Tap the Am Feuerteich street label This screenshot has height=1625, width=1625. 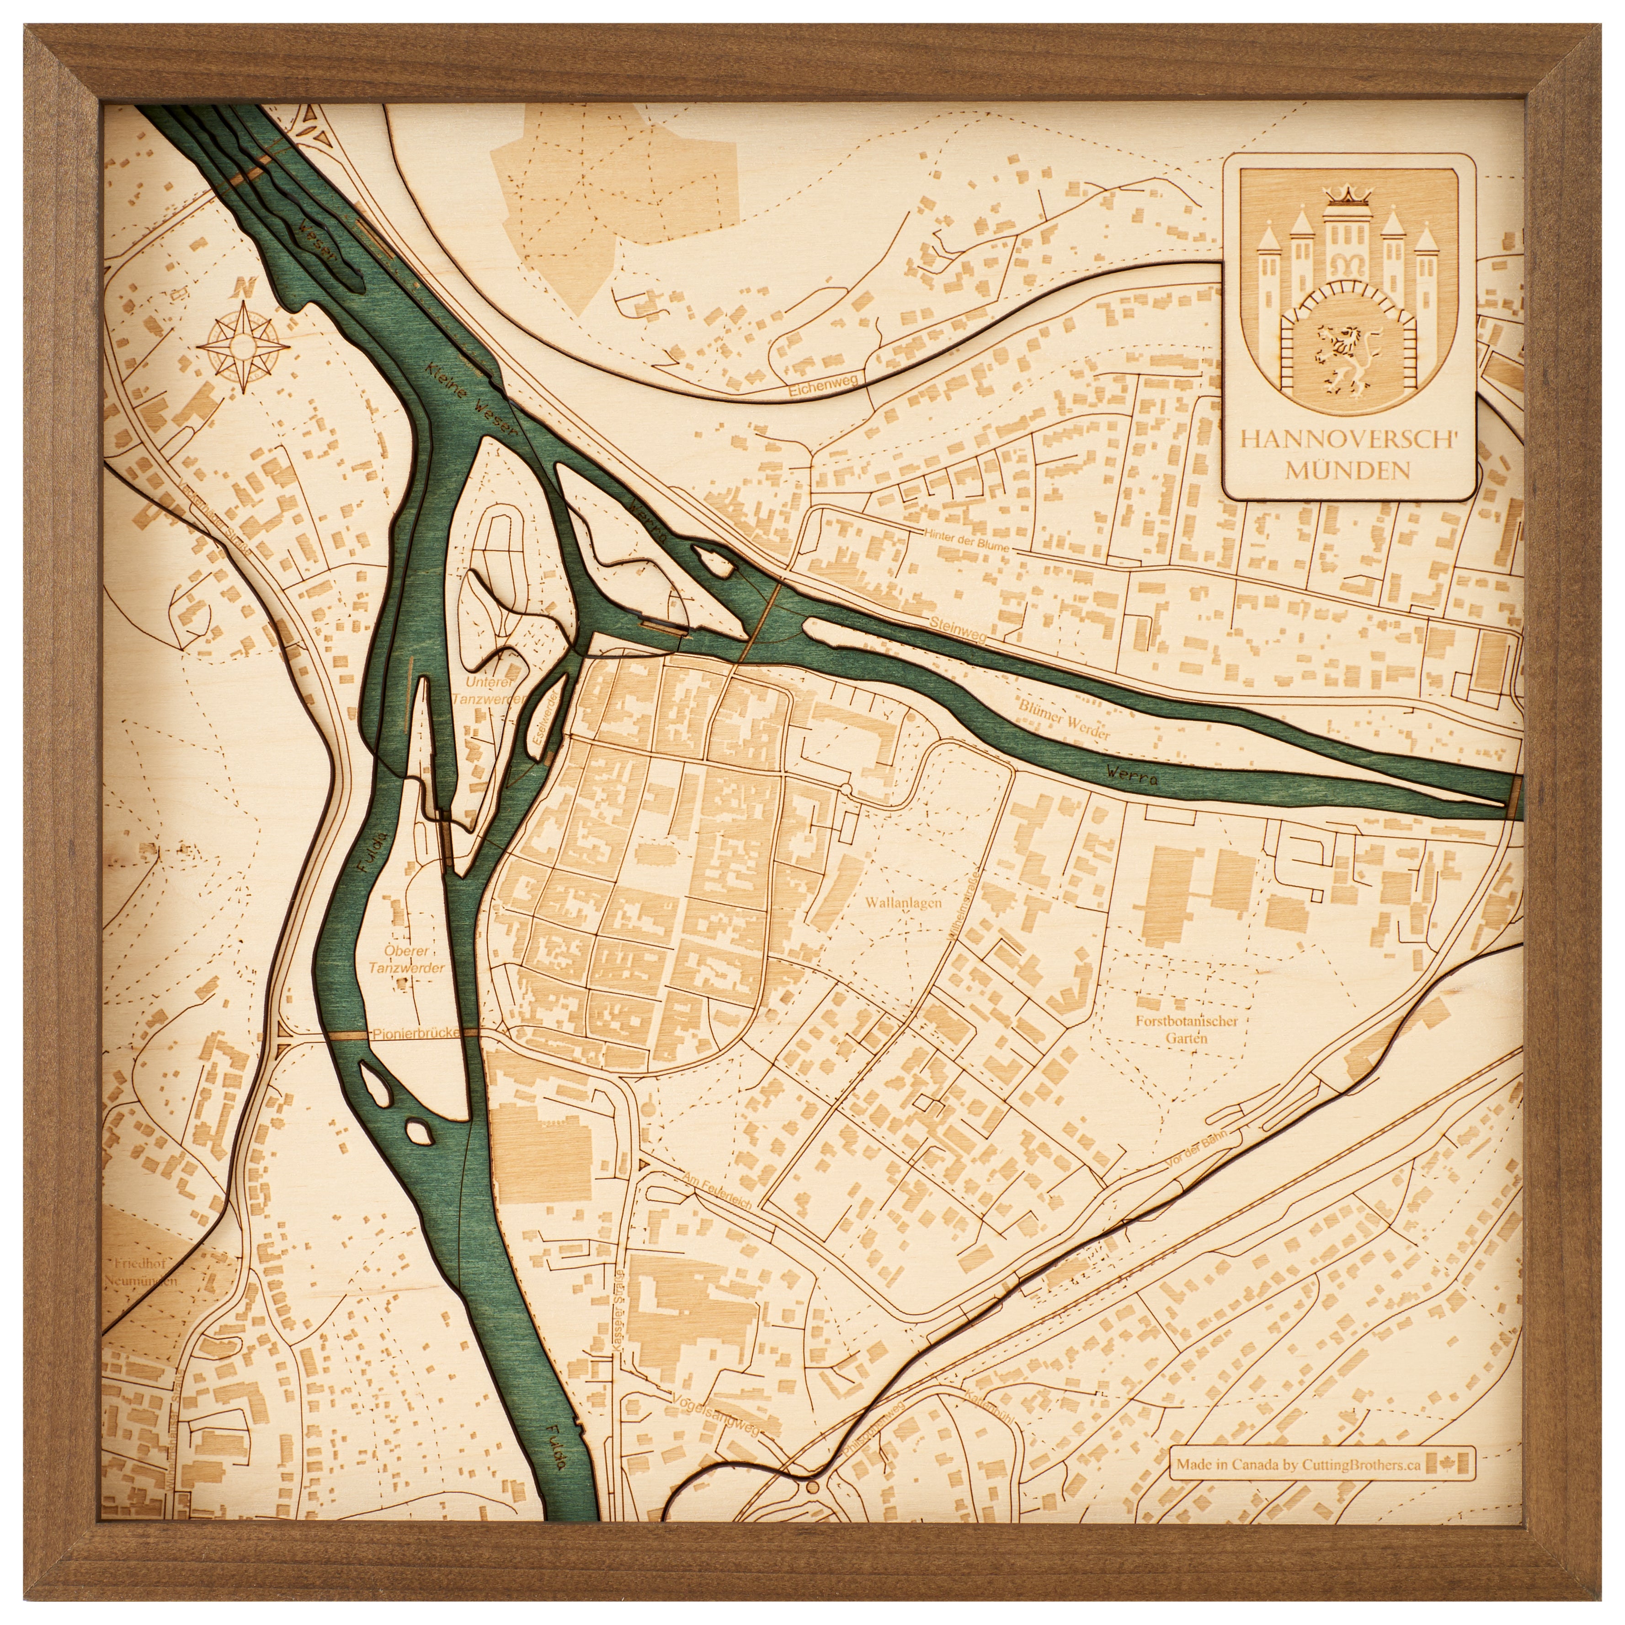click(722, 1191)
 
